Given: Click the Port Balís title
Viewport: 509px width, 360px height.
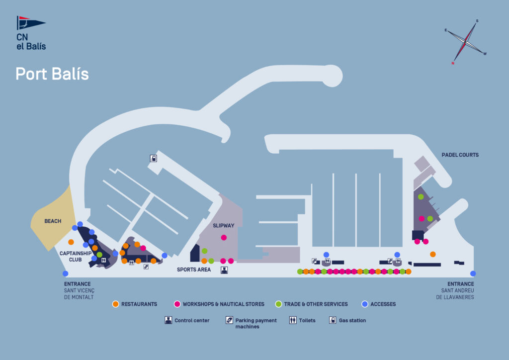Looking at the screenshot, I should pyautogui.click(x=52, y=74).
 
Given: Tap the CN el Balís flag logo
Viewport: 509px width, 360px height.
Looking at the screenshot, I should pyautogui.click(x=31, y=23).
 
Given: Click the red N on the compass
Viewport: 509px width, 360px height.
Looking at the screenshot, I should pyautogui.click(x=453, y=64).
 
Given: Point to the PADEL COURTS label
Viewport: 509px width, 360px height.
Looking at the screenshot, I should pyautogui.click(x=460, y=155).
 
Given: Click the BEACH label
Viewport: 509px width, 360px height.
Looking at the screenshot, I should pyautogui.click(x=53, y=221).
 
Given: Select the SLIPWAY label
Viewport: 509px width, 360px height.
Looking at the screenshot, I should pyautogui.click(x=224, y=226).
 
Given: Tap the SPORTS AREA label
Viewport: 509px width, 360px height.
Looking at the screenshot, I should pyautogui.click(x=194, y=270).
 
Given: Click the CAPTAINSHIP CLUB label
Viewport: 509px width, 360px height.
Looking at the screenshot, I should pyautogui.click(x=75, y=256).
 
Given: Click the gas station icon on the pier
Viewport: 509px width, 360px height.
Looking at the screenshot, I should pyautogui.click(x=154, y=159).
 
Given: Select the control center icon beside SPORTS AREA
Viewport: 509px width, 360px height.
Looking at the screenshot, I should pyautogui.click(x=224, y=270).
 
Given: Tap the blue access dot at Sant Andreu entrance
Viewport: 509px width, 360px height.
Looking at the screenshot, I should pyautogui.click(x=473, y=273).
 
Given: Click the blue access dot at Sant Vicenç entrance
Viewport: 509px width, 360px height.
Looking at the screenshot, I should pyautogui.click(x=65, y=273).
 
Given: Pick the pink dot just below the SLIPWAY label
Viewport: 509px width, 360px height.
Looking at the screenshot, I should pyautogui.click(x=224, y=238).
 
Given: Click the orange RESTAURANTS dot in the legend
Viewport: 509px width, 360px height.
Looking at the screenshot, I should pyautogui.click(x=115, y=304).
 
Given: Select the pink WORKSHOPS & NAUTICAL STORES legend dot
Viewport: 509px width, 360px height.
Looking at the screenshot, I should pyautogui.click(x=177, y=304).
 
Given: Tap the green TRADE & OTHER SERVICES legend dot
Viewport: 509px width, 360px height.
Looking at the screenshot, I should pyautogui.click(x=278, y=304).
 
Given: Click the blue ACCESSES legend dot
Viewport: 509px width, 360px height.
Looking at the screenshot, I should pyautogui.click(x=365, y=304).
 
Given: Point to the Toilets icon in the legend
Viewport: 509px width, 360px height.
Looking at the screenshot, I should pyautogui.click(x=293, y=320).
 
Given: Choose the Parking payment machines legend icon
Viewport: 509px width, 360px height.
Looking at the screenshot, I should pyautogui.click(x=229, y=320).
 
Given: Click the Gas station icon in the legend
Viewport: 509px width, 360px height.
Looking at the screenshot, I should pyautogui.click(x=333, y=320).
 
